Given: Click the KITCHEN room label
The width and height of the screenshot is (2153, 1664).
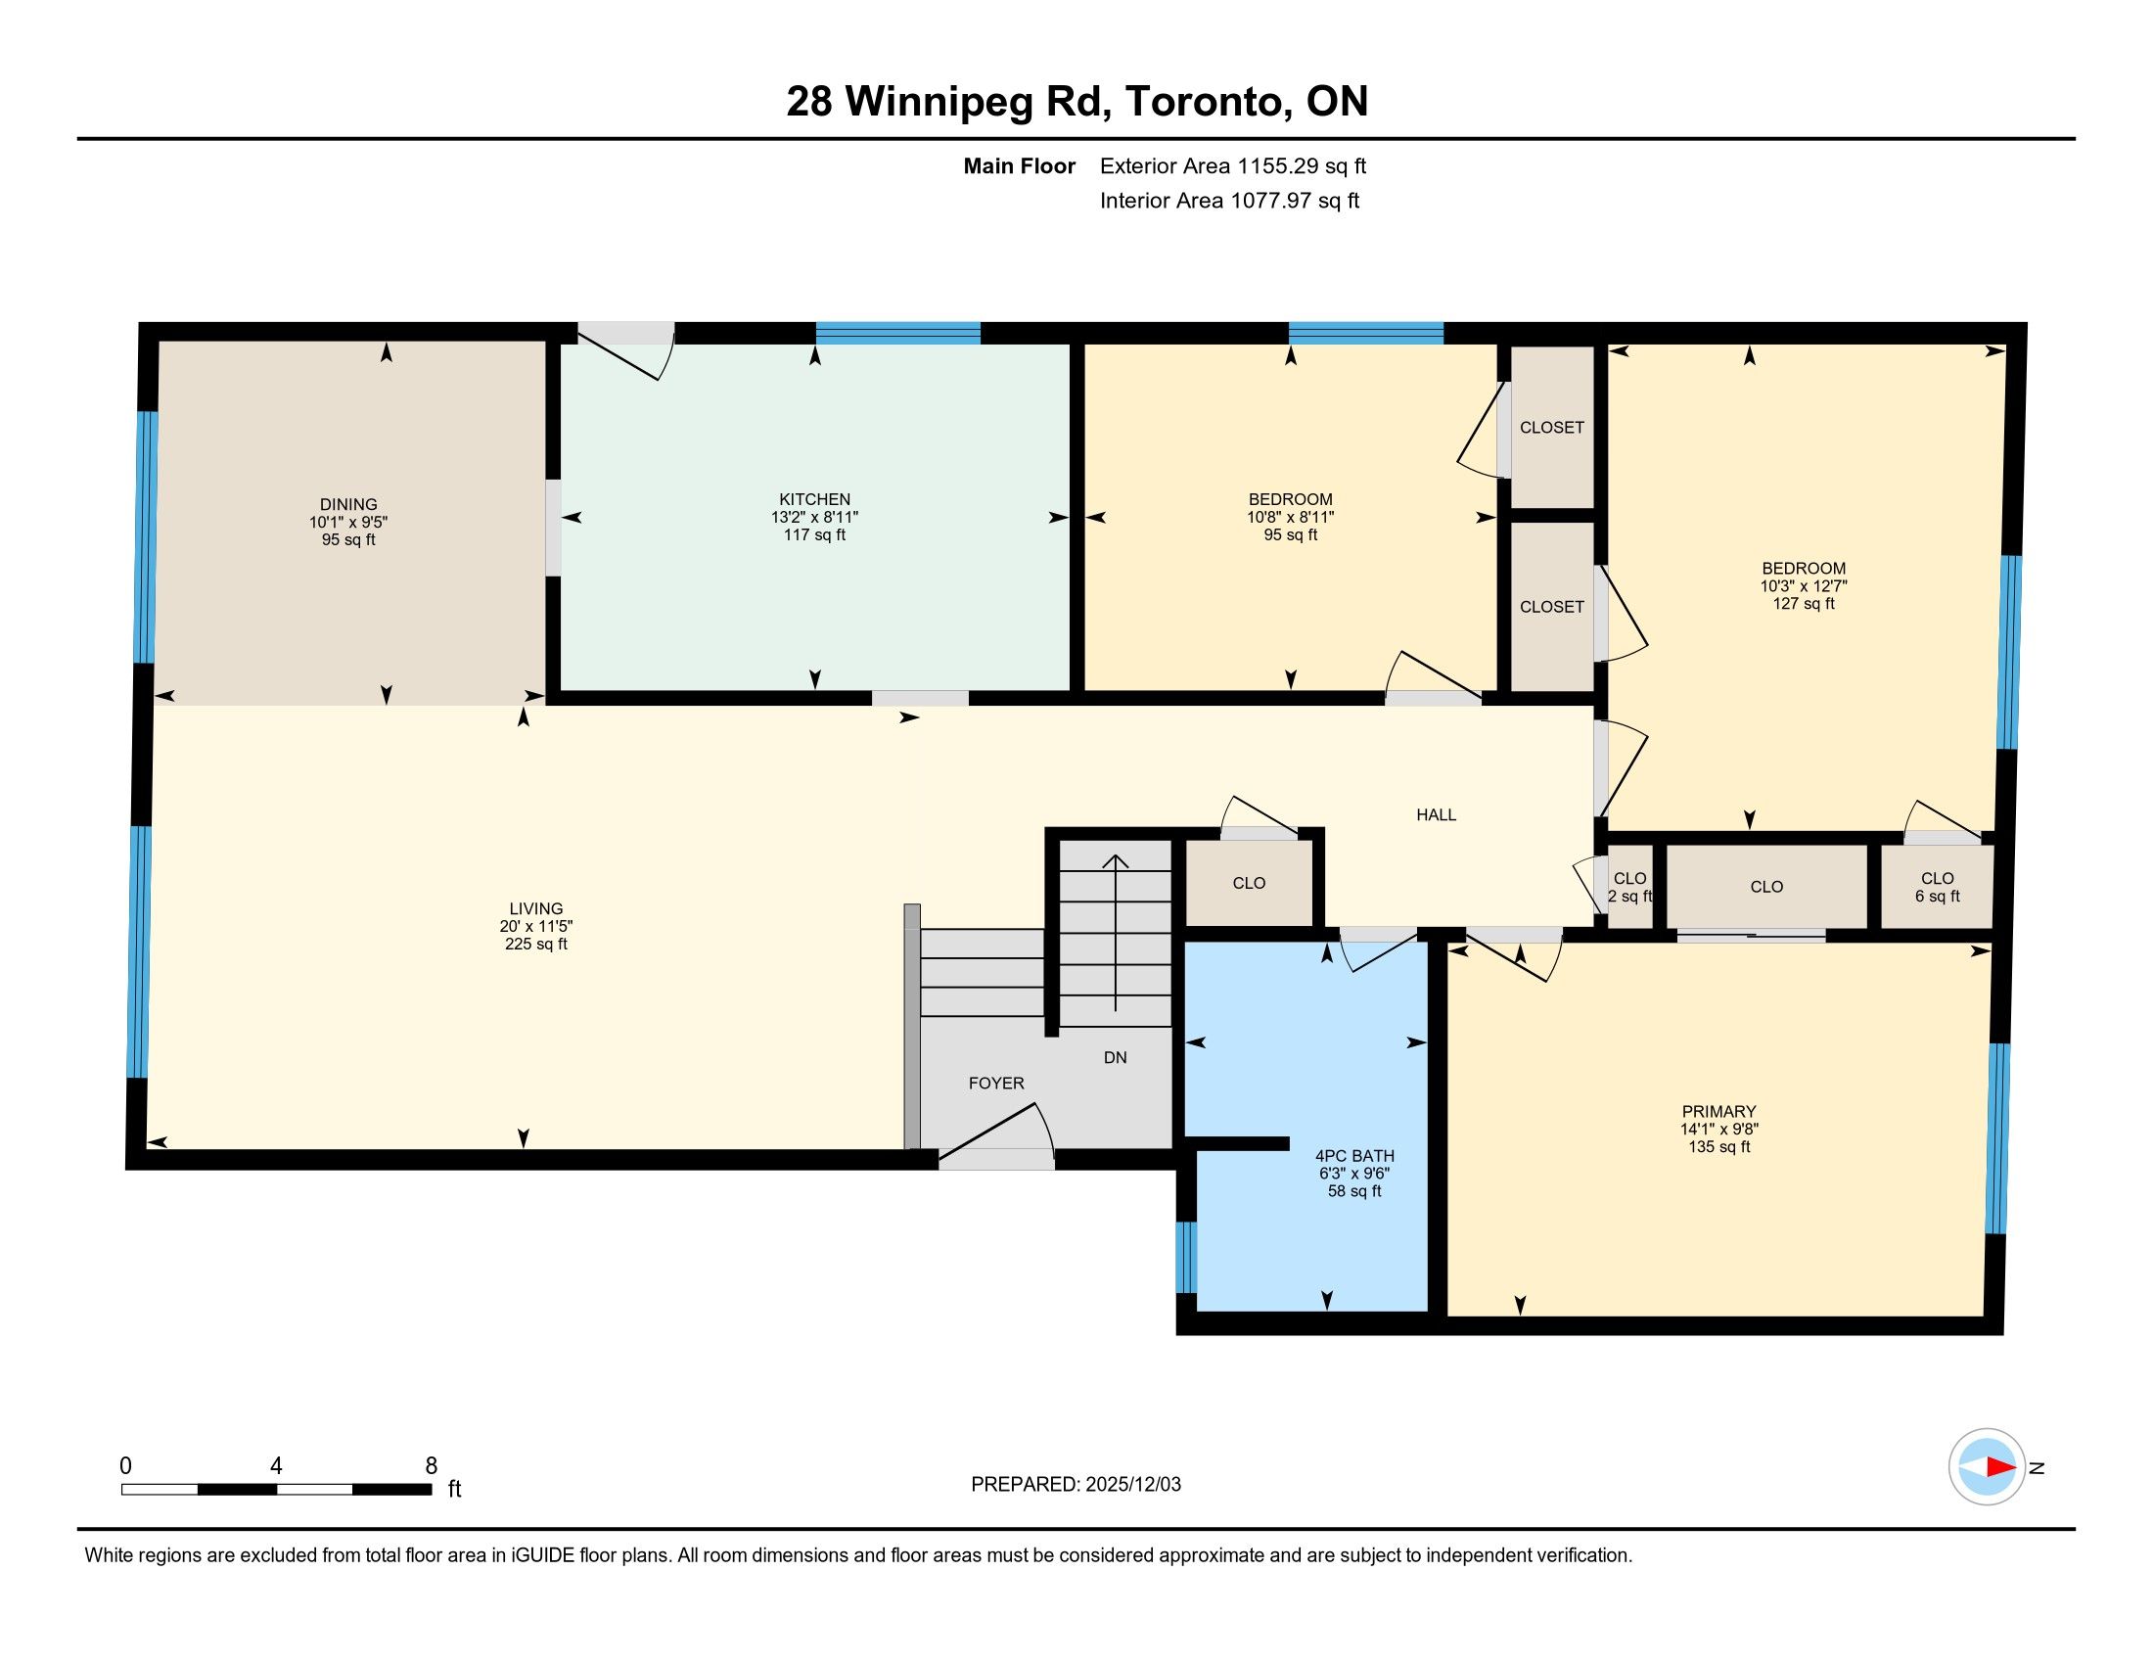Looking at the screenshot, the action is coord(814,500).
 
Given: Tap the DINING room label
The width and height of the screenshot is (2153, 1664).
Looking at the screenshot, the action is coord(348,505).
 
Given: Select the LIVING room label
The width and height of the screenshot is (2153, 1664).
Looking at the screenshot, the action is coord(536,909).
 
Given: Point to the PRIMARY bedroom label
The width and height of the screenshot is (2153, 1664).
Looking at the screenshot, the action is coord(1719,1112).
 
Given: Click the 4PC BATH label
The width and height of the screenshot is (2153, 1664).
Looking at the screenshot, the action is coord(1354,1156).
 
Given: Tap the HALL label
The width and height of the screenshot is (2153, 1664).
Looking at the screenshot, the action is coord(1437,815).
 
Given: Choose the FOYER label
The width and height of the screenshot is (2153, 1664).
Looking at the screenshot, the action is coord(996,1084).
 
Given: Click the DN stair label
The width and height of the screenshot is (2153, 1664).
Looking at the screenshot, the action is coord(1115,1058).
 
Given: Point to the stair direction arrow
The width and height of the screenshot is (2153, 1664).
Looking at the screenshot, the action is coord(1115,933).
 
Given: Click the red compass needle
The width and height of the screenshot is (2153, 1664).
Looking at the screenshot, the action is coord(2001,1467).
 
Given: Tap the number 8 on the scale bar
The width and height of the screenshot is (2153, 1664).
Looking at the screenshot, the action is coord(431,1466).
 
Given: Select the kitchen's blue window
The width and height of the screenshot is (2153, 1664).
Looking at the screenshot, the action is coord(898,333).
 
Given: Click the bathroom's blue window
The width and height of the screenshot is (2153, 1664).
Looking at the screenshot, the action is coord(1186,1257).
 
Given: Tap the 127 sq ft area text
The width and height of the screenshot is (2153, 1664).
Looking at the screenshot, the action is coord(1804,603).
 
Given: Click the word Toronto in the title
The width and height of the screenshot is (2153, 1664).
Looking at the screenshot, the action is coord(1209,102).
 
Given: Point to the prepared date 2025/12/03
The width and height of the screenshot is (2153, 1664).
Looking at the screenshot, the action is coord(1131,1485).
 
